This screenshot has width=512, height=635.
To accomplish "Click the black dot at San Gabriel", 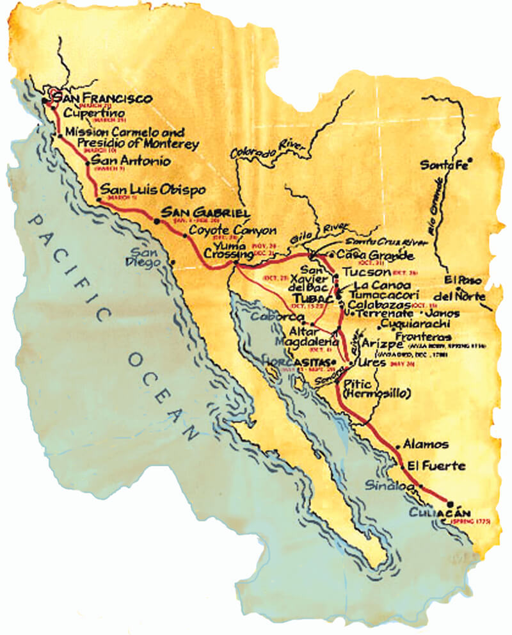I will coord(157,221).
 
